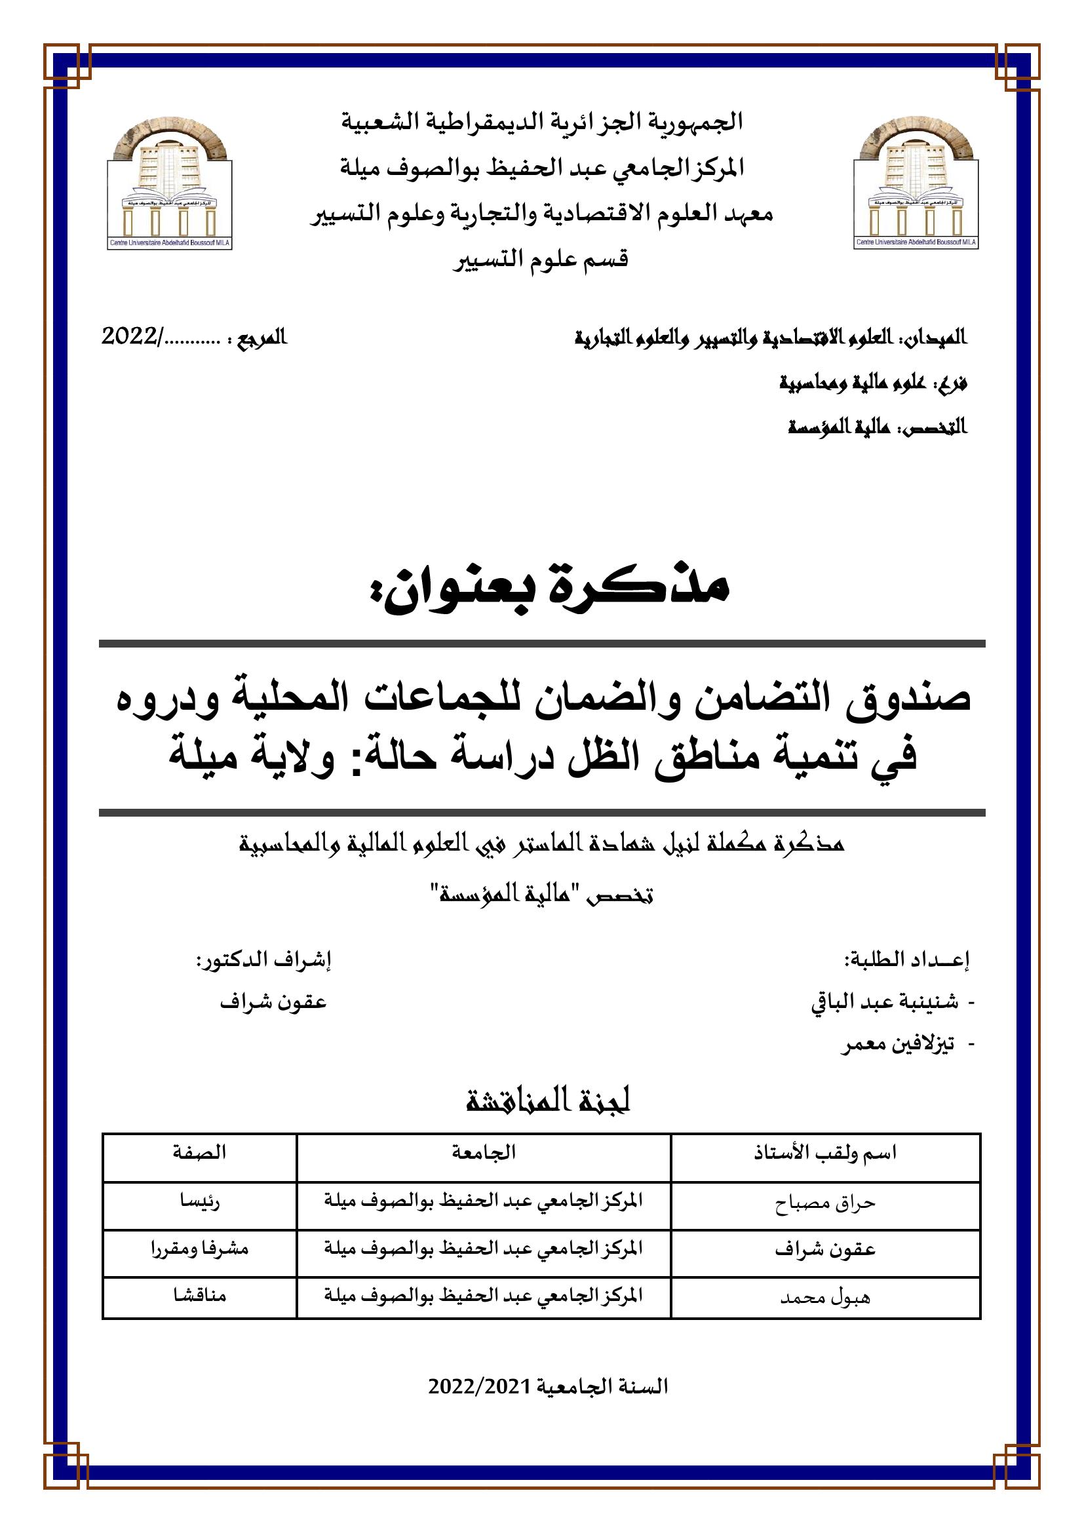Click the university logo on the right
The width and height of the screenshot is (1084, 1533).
pos(916,183)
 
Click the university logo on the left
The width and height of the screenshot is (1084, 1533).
pos(169,183)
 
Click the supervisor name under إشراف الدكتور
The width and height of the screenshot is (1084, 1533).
pos(273,1003)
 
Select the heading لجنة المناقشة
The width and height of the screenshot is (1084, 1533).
pos(548,1101)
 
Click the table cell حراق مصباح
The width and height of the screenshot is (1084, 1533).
pos(825,1203)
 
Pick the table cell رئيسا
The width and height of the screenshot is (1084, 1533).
pos(199,1202)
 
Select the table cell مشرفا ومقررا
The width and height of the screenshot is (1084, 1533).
pos(199,1249)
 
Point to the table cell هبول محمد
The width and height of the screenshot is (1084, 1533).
pos(825,1298)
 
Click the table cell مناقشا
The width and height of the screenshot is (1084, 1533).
pos(199,1296)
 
